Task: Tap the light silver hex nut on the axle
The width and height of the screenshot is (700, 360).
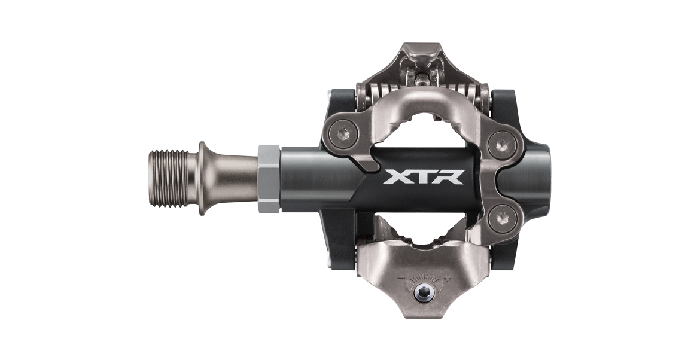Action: click(269, 178)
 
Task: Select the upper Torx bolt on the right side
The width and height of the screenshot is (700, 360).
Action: click(503, 145)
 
